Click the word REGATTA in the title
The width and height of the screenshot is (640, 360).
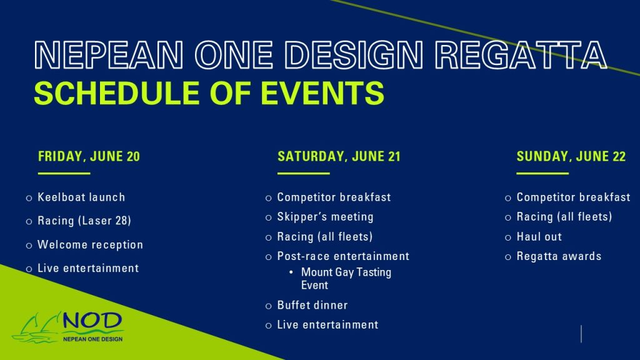coord(521,55)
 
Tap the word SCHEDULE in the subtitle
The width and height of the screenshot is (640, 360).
coord(116,93)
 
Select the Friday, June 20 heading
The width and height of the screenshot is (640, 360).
coord(89,156)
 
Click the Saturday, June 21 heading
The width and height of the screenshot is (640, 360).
coord(339,156)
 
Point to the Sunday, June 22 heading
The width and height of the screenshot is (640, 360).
coord(571,156)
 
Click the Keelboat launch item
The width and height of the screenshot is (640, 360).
coord(81,197)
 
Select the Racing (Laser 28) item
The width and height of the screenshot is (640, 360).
coord(84,221)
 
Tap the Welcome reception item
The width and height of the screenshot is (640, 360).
coord(90,244)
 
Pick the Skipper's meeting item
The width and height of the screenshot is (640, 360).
coord(325,217)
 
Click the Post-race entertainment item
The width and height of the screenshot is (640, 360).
coord(343,256)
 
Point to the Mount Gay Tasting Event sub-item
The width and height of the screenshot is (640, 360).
coord(346,278)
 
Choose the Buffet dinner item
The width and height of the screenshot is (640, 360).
coord(312,305)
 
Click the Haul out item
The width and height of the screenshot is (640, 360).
coord(539,236)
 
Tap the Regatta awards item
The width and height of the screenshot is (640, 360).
coord(559,256)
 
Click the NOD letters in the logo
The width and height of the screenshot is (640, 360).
coord(92,321)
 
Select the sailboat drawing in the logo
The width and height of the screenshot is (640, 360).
coord(37,327)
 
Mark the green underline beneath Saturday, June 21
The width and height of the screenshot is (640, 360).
coord(303,174)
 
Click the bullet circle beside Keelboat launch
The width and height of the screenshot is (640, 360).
coord(29,198)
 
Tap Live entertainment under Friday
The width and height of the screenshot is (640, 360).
coord(88,268)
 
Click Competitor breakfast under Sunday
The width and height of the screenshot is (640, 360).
coord(574,197)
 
